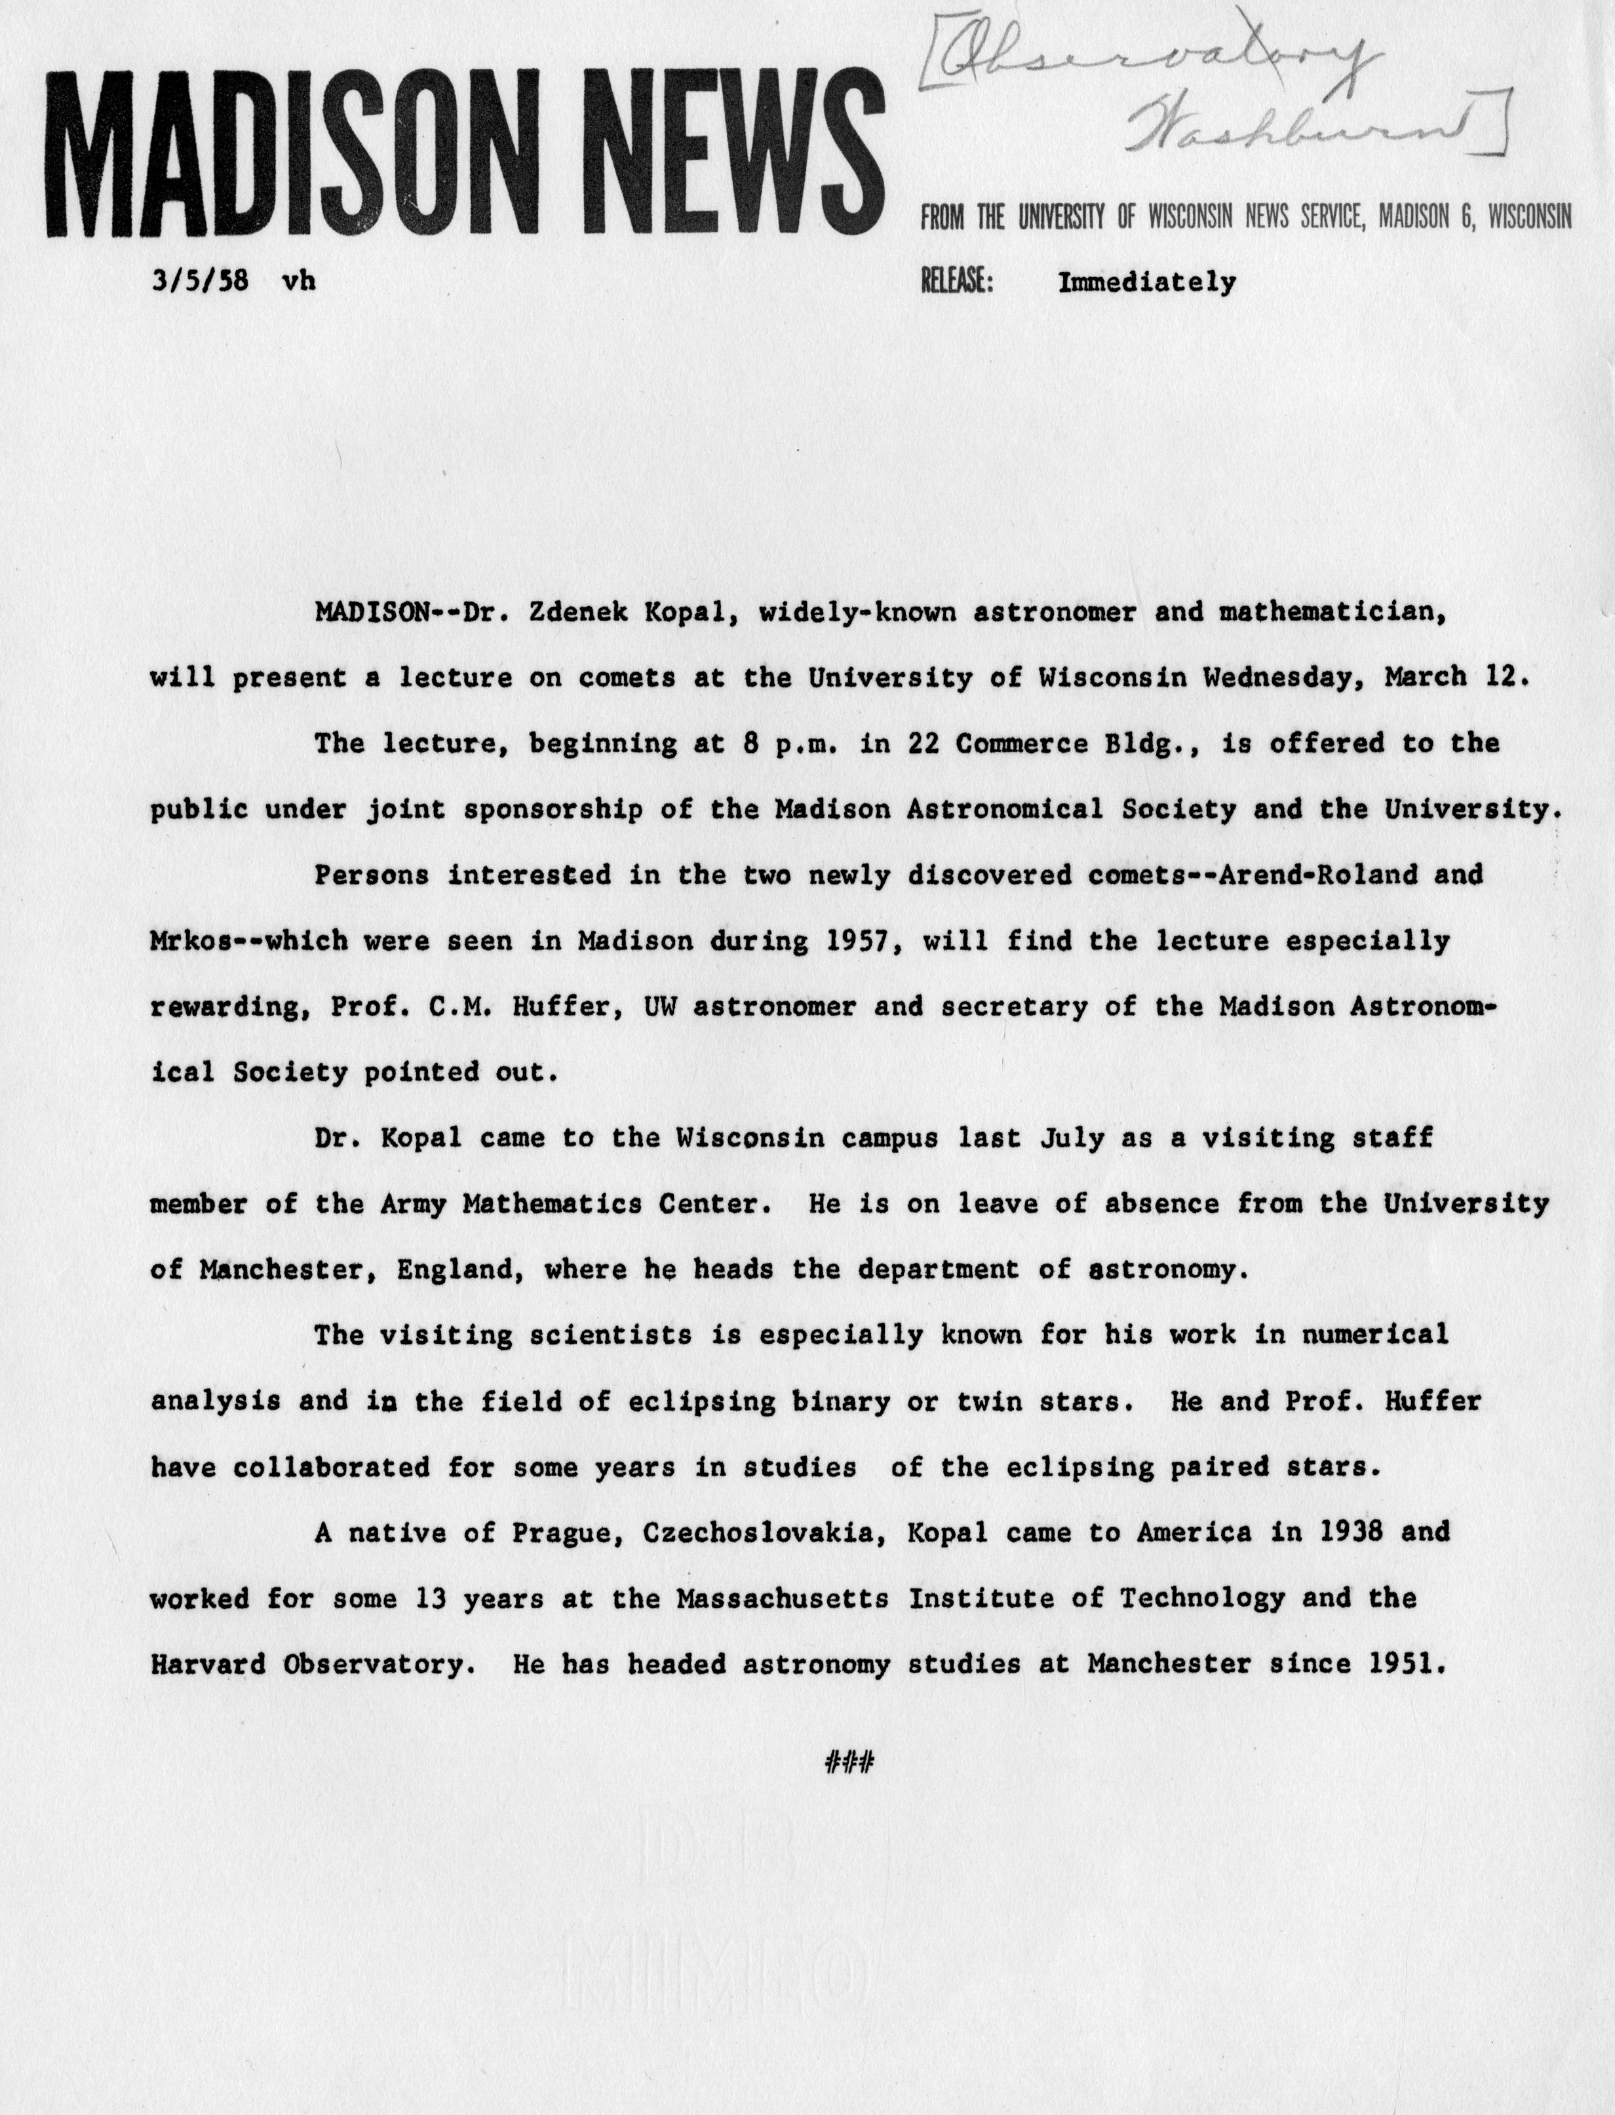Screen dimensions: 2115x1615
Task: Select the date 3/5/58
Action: click(x=200, y=282)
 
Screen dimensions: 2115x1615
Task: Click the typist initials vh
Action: click(x=298, y=282)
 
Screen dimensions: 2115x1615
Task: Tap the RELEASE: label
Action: click(x=956, y=282)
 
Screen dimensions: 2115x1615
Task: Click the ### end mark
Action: click(x=849, y=1762)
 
